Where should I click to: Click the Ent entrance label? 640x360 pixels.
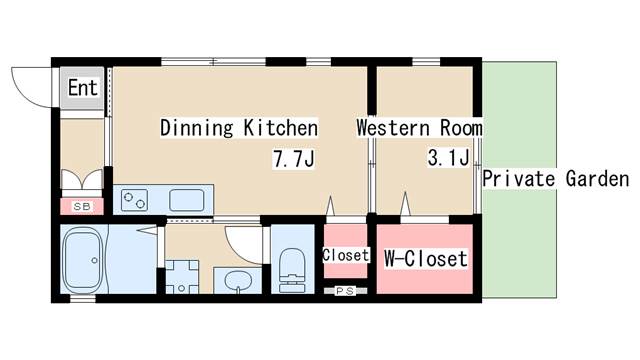[x=83, y=88]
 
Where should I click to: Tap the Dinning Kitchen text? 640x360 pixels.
[x=239, y=128]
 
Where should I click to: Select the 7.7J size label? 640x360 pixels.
[x=294, y=159]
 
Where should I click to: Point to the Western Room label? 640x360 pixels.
[x=420, y=128]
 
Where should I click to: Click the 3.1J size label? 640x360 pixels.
[x=448, y=158]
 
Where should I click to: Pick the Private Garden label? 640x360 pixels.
[x=556, y=179]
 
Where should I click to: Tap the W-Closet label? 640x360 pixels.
[x=425, y=258]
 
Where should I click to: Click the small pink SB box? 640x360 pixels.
[x=82, y=206]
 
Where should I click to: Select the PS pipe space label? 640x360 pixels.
[x=345, y=291]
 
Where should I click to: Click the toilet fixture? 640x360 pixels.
[x=292, y=270]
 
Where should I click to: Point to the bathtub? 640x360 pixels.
[x=84, y=259]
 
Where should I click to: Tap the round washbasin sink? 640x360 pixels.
[x=238, y=281]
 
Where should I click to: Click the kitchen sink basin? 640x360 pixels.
[x=187, y=200]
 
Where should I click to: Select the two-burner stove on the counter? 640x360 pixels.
[x=134, y=200]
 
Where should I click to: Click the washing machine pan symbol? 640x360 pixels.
[x=182, y=277]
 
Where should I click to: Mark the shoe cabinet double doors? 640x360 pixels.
[x=82, y=180]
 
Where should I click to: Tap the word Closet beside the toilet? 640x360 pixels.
[x=346, y=255]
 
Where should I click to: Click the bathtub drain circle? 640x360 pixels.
[x=95, y=260]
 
